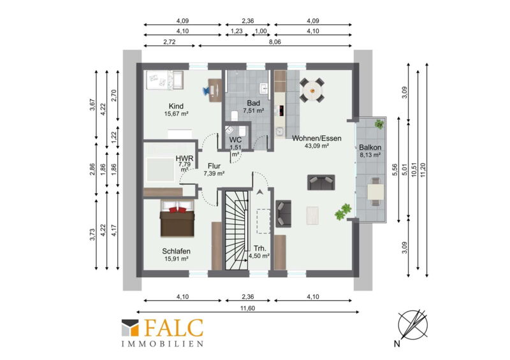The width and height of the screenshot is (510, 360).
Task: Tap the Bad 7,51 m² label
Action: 253,106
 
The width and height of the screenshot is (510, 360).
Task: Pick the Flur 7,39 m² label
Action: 214,169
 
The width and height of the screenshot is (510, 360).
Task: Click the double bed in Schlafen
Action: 177,218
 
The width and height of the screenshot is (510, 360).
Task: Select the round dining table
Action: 312,90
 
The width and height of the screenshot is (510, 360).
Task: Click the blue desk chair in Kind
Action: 207,90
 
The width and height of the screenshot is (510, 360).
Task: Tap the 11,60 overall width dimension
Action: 247,308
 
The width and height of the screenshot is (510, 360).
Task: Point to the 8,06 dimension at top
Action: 275,41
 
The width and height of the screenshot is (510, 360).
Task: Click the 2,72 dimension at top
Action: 170,41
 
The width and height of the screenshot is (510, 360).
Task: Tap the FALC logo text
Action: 173,328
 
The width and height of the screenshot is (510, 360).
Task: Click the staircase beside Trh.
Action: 237,230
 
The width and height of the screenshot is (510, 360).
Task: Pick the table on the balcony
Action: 375,192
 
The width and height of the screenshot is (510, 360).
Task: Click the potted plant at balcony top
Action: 379,124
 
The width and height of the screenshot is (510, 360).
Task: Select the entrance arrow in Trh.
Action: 259,192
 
